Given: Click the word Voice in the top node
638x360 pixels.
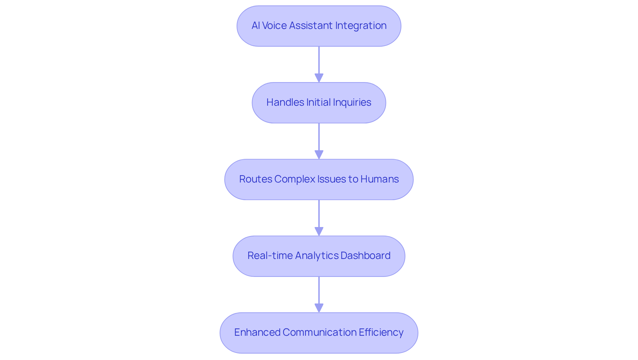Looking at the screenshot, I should point(274,26).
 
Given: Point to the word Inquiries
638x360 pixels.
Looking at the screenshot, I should point(352,102).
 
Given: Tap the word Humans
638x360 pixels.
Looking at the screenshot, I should point(379,179).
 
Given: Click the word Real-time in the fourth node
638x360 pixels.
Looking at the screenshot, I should point(270,256).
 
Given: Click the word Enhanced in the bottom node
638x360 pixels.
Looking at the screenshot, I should point(257,332).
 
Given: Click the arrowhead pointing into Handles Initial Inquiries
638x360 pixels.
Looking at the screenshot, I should point(319,78).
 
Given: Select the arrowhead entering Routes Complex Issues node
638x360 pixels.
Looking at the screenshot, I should point(319,155).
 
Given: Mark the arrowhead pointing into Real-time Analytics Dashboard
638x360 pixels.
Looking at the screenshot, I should point(319,232).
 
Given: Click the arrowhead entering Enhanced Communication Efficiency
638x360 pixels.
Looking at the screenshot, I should point(319,308).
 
